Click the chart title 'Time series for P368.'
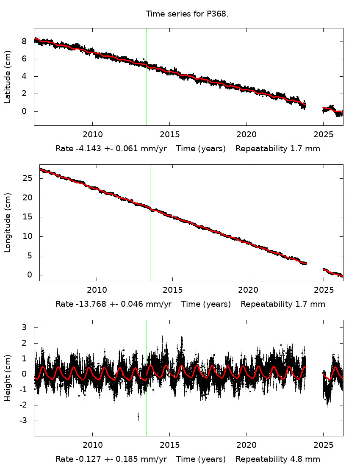187,14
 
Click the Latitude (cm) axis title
8,77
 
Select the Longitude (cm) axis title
8,223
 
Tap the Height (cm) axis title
8,378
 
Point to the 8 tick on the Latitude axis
24,41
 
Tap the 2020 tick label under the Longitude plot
248,290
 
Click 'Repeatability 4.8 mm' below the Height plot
278,459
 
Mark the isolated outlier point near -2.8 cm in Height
138,417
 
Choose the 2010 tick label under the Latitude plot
92,135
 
